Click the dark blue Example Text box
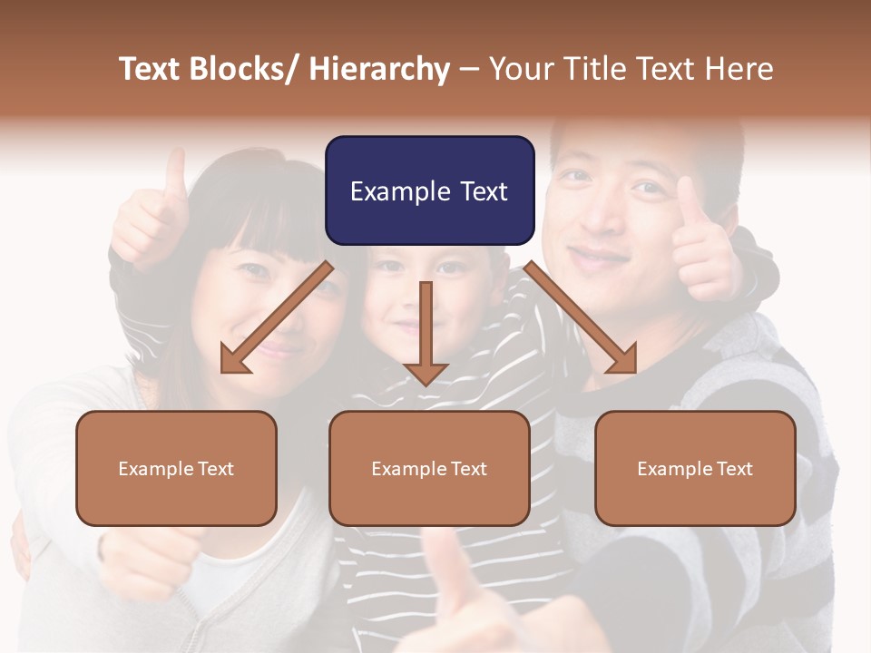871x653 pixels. pos(429,190)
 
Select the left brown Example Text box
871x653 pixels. pos(176,468)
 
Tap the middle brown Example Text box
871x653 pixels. pos(429,468)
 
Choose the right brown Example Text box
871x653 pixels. pos(695,468)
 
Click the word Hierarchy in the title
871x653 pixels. pos(379,69)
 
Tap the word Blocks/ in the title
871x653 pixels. pos(246,69)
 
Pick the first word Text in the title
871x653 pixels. pos(153,69)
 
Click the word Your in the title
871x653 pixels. pos(521,69)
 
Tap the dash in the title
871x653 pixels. pos(469,69)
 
